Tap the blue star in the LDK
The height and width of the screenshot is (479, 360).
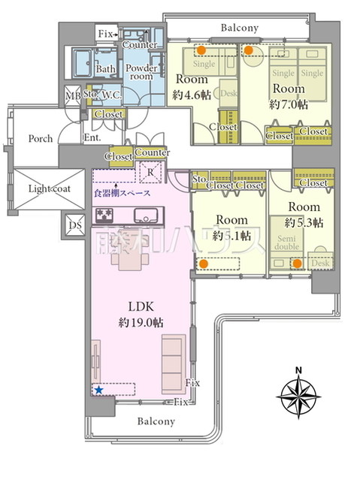pos(98,390)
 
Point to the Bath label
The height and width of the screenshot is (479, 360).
pos(104,69)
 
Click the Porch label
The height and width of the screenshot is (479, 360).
pos(41,138)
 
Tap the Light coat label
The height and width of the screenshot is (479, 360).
pos(49,188)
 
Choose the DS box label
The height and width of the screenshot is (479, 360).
pos(75,224)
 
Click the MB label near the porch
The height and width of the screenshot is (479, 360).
pos(73,95)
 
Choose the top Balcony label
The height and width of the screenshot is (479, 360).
pos(240,28)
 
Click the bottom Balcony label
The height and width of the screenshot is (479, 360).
pos(156,422)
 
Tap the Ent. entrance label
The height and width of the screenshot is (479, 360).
pos(92,138)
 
